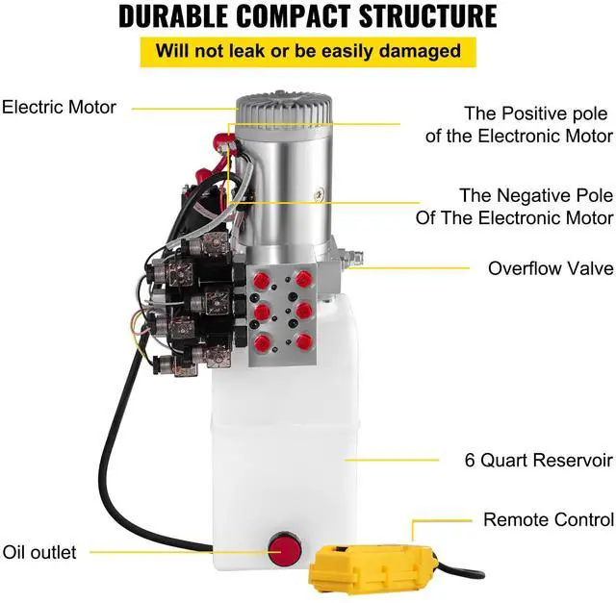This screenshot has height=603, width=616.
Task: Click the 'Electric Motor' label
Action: [x=59, y=107]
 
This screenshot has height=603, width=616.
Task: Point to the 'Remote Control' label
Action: [x=548, y=520]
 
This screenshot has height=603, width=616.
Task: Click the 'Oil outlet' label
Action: [x=38, y=552]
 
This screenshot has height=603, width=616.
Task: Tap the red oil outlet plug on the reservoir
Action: [x=282, y=551]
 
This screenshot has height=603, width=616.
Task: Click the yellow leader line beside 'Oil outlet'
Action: [x=173, y=552]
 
